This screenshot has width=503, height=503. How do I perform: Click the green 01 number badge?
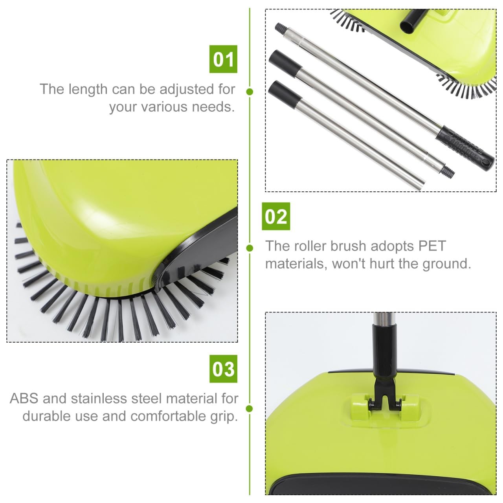click(223, 59)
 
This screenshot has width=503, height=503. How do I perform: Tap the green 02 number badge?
click(276, 216)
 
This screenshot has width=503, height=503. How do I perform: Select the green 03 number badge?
click(223, 369)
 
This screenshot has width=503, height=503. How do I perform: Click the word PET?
click(431, 246)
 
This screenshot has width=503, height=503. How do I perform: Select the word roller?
click(308, 246)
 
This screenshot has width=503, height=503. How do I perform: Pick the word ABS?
click(24, 398)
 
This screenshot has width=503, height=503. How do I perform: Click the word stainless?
click(103, 398)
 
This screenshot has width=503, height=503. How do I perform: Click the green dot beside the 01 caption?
click(249, 92)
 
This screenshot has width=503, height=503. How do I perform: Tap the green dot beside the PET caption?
click(249, 248)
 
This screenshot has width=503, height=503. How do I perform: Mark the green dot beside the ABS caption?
click(249, 409)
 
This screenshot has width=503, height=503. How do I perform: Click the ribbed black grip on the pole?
click(468, 148)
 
